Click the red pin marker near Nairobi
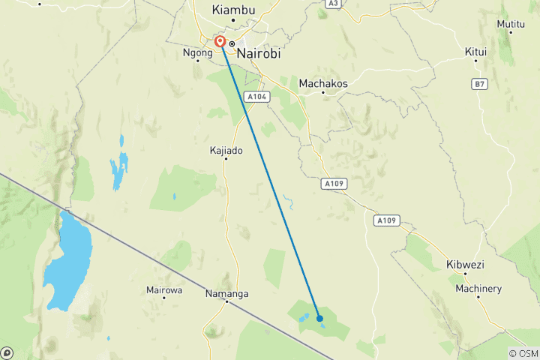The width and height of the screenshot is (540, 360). [x=220, y=41]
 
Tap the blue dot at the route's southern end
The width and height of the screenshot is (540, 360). [x=319, y=318]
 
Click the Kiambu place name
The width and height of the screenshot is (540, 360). [x=234, y=10]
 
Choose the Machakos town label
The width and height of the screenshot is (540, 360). [x=323, y=83]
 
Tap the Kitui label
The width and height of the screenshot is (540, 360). [x=475, y=52]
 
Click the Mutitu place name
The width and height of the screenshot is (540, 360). [x=511, y=24]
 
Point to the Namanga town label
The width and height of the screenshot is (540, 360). [x=226, y=294]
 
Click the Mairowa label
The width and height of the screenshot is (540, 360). [x=164, y=289]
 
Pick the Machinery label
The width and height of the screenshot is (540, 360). [x=478, y=289]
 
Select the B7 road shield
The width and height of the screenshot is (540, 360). [x=479, y=84]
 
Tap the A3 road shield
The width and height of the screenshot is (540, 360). [x=333, y=4]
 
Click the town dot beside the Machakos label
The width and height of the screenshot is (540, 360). [x=323, y=92]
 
